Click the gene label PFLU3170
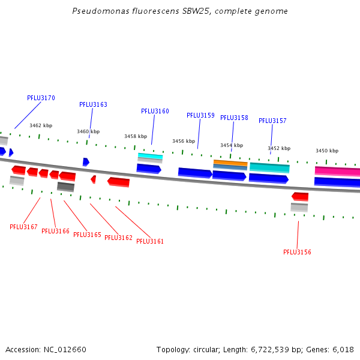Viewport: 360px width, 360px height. pos(41,98)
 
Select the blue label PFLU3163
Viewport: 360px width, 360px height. pos(93,104)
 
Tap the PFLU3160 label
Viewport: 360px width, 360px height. pos(155,112)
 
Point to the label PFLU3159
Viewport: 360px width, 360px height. pos(200,115)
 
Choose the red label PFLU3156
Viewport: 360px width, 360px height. pos(297,253)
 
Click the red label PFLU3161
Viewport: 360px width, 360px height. pos(150,242)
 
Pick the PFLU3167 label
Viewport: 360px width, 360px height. pos(23,227)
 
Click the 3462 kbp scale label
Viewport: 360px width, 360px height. pos(41,125)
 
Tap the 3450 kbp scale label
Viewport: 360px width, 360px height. pos(327,151)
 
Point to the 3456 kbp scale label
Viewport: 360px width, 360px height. pos(184,141)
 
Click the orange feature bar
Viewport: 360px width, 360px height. pos(230,163)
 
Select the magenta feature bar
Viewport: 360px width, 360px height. pos(337,171)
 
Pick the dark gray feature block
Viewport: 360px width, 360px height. pos(65,187)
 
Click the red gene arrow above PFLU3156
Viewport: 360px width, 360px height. pos(300,197)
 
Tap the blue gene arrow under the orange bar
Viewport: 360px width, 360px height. pos(229,176)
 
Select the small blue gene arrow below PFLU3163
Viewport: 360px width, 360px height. pos(86,162)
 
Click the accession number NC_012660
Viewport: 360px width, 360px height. pos(65,350)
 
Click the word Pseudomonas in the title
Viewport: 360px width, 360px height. pos(101,11)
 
